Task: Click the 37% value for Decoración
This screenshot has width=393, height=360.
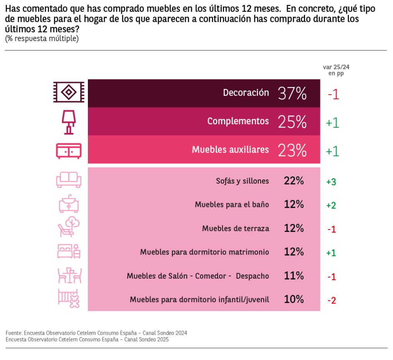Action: click(292, 93)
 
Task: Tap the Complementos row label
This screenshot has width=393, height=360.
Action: click(238, 121)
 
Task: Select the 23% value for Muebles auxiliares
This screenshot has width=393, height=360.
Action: click(292, 150)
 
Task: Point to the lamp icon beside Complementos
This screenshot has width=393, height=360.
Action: click(69, 122)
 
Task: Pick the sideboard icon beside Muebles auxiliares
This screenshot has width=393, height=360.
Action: click(69, 151)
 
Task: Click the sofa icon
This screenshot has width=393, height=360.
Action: click(69, 179)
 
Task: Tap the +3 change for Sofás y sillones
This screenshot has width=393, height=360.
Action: click(331, 182)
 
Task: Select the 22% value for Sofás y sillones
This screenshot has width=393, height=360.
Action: click(294, 181)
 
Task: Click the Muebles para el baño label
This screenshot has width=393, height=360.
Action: click(232, 205)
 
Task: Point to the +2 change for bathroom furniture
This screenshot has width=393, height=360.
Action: click(331, 205)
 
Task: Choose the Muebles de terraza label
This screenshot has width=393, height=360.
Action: click(236, 228)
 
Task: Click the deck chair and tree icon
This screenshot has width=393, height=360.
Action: click(69, 227)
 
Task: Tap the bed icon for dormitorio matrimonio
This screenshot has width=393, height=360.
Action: click(69, 251)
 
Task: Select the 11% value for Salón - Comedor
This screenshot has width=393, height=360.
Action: click(294, 276)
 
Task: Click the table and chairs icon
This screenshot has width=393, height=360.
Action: click(69, 275)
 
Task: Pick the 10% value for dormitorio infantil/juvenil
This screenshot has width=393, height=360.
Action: click(294, 299)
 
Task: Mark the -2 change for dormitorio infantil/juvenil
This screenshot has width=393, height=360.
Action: click(332, 300)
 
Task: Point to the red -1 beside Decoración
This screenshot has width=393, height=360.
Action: click(333, 94)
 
